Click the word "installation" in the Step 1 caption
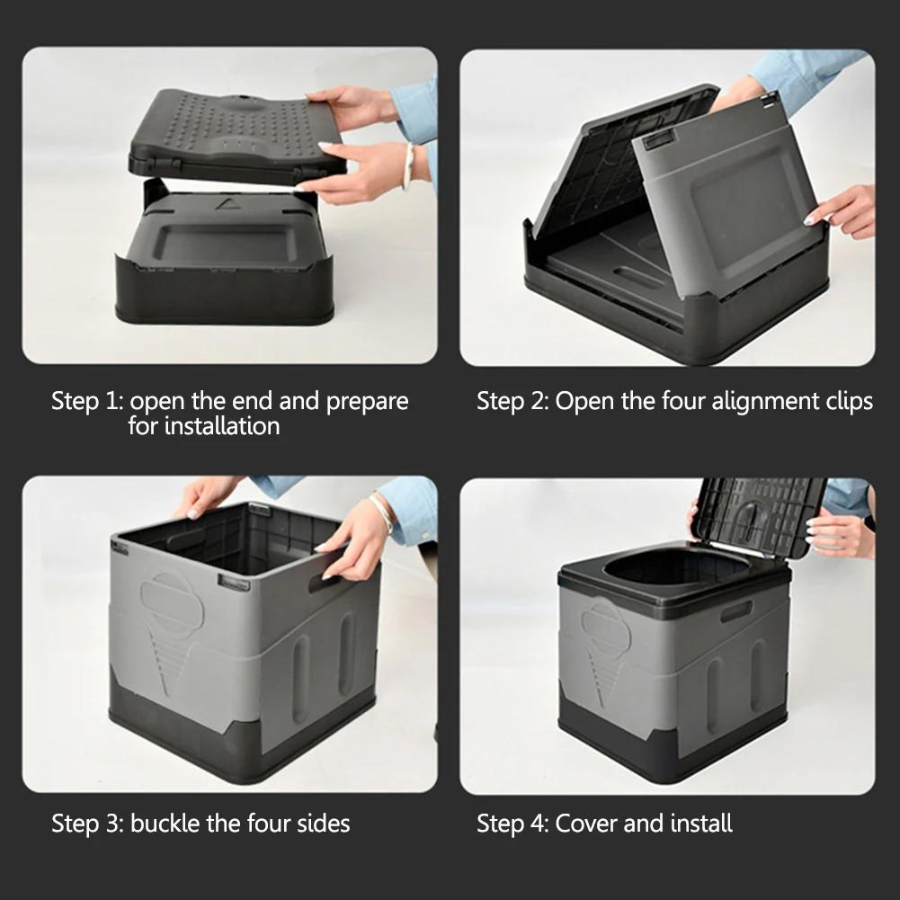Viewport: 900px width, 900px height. (x=203, y=426)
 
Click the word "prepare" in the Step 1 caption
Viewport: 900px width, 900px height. (x=367, y=402)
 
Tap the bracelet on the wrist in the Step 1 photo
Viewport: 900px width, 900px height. (x=408, y=166)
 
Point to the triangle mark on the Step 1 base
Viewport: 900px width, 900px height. (x=222, y=204)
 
